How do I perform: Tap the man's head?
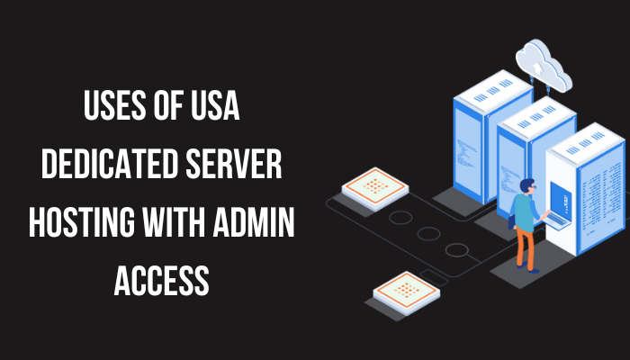click(x=529, y=187)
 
